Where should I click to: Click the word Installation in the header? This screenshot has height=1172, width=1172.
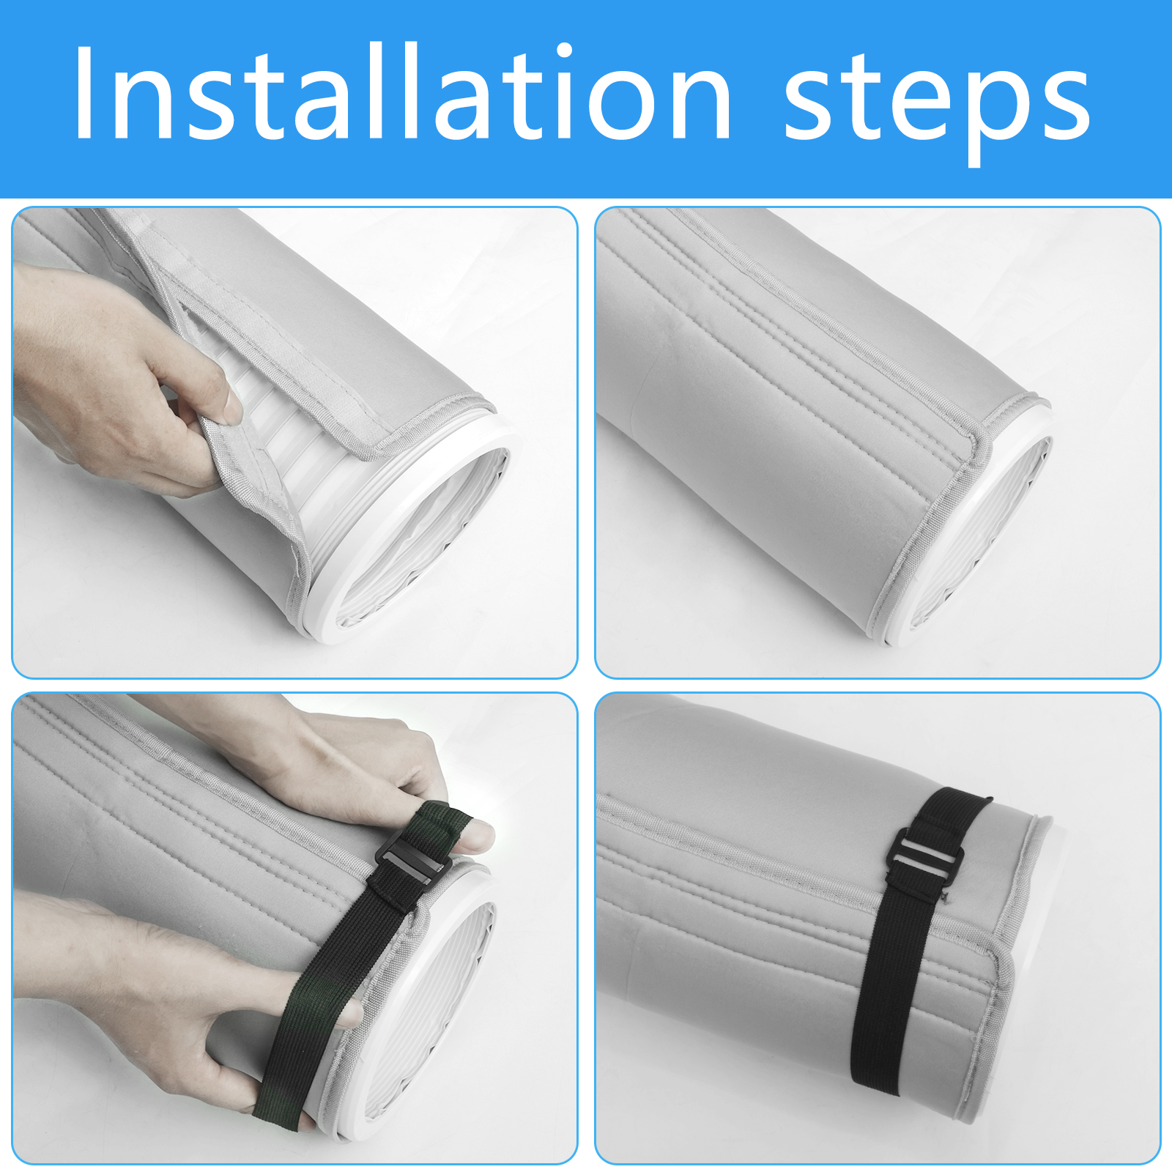click(402, 92)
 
